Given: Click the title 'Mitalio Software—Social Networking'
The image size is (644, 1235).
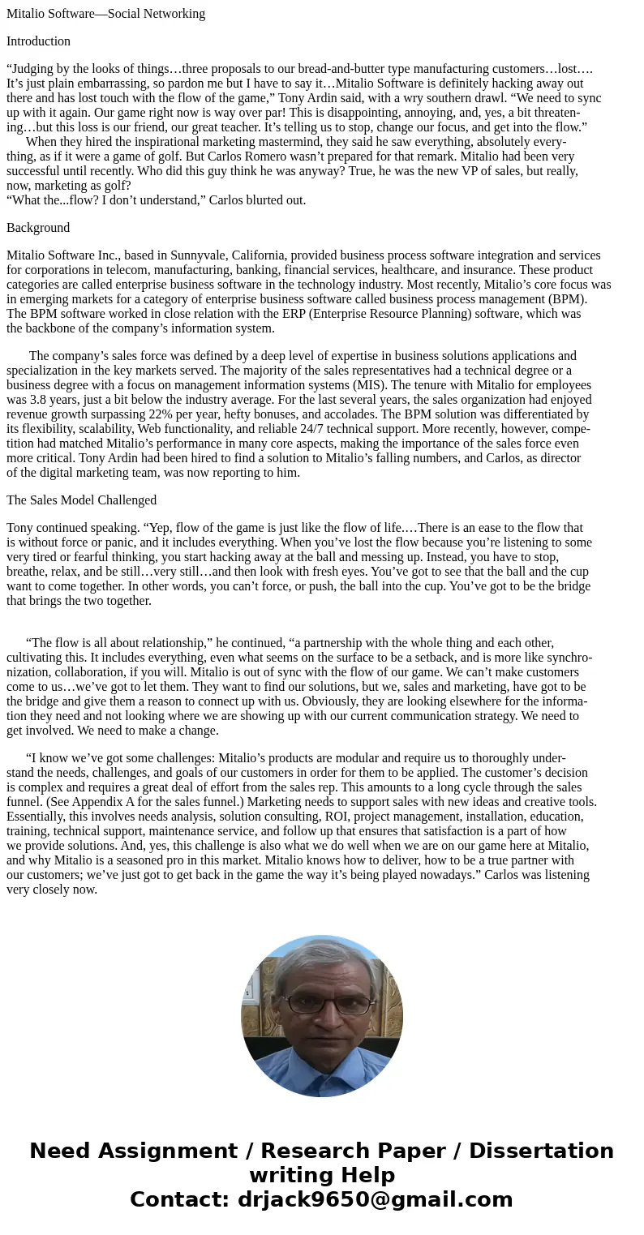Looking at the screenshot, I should (x=105, y=14).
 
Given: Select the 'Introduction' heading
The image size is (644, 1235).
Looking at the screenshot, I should (x=38, y=41).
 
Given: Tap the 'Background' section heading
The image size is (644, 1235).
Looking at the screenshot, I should (x=38, y=228).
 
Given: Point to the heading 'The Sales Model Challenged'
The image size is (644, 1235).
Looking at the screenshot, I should (x=81, y=500).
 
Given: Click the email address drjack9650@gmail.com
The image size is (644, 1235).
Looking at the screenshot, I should (x=375, y=1200).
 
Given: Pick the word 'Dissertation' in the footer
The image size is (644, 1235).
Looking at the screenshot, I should (x=541, y=1151).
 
